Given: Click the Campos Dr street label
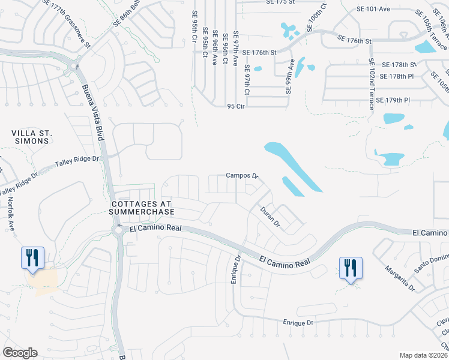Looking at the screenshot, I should [241, 176].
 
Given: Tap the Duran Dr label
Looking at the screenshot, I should [270, 216].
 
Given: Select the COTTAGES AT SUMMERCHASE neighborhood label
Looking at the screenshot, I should [142, 208].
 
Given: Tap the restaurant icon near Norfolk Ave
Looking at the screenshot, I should [32, 258].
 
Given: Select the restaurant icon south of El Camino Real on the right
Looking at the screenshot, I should [350, 268].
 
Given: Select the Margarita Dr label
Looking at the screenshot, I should [400, 278].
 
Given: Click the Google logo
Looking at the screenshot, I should [20, 353].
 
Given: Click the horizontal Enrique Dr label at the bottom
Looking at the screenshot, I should [298, 323].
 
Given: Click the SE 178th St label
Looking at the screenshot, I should [400, 65].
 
